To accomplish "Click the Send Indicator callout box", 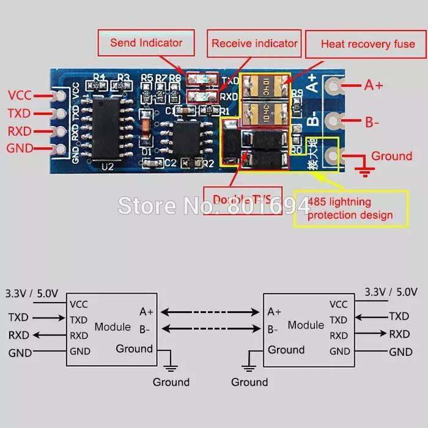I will click(146, 43).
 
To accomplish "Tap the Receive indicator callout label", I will click(254, 43).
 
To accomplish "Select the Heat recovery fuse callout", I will click(367, 43).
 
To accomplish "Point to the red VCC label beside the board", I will click(20, 95).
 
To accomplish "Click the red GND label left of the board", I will click(19, 148).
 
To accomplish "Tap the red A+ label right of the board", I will click(374, 86).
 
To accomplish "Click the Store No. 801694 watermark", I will click(214, 205).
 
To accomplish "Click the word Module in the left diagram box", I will click(113, 327).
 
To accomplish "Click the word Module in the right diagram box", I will click(306, 325).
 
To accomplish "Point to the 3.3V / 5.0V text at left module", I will click(32, 293).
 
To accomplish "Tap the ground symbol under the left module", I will click(171, 367).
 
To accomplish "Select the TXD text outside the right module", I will click(399, 316).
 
